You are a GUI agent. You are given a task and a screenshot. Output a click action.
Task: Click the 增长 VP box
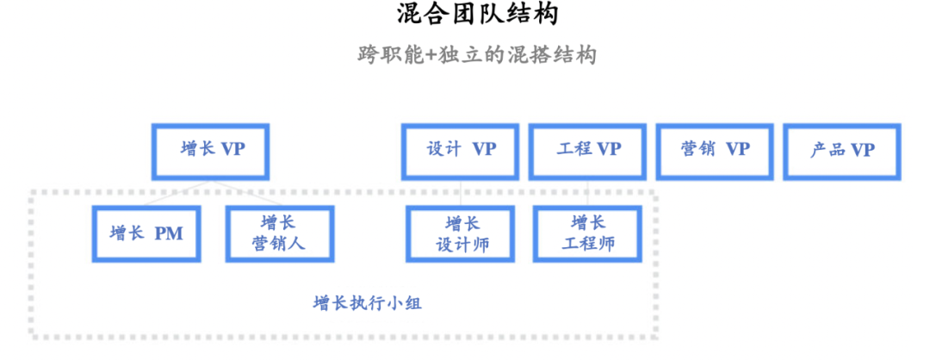pos(212,150)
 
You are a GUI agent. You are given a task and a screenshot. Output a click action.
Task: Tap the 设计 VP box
pos(461,150)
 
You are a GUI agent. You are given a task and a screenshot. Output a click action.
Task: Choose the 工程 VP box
pos(588,150)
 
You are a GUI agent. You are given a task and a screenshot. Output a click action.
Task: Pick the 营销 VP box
pos(715,150)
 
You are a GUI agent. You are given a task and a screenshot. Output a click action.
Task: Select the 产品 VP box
pos(841,150)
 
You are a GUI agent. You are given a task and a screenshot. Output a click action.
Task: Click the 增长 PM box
pos(147,233)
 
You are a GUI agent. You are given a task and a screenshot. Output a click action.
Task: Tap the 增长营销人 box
pos(278,233)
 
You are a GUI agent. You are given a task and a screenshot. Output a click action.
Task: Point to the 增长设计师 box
pos(462,233)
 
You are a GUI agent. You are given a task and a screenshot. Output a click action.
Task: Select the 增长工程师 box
pos(588,233)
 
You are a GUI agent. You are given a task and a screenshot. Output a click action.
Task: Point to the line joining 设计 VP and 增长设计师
pos(462,192)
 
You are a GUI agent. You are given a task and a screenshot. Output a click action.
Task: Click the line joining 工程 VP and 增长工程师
pos(588,192)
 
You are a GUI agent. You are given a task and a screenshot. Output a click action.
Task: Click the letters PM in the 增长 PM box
pos(168,233)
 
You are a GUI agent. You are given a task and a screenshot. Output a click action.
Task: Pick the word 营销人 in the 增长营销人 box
pos(278,245)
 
